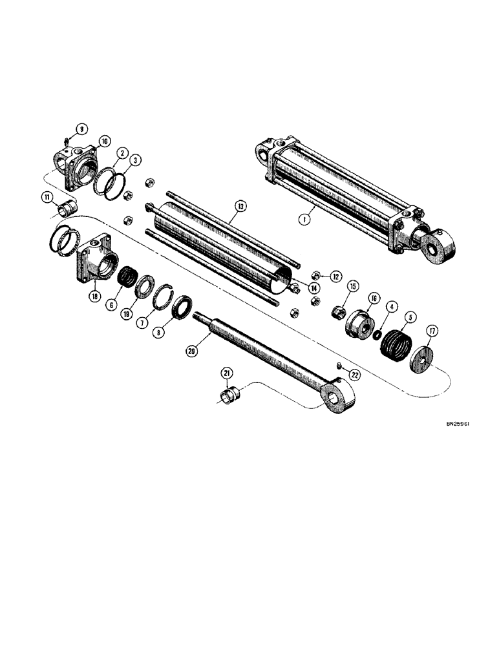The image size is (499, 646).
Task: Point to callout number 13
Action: point(240,207)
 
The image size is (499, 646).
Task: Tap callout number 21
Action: point(226,373)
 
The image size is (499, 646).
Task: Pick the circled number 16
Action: point(374,298)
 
